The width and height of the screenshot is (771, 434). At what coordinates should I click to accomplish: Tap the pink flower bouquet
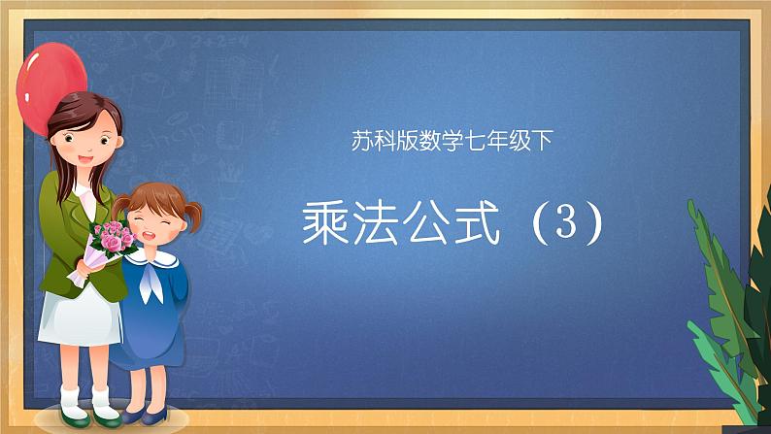tap(112, 237)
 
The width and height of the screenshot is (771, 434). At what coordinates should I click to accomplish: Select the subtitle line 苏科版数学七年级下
tap(452, 142)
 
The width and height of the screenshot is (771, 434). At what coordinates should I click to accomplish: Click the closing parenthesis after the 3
tap(594, 225)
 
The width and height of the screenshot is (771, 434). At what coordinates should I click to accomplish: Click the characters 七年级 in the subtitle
tap(491, 142)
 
